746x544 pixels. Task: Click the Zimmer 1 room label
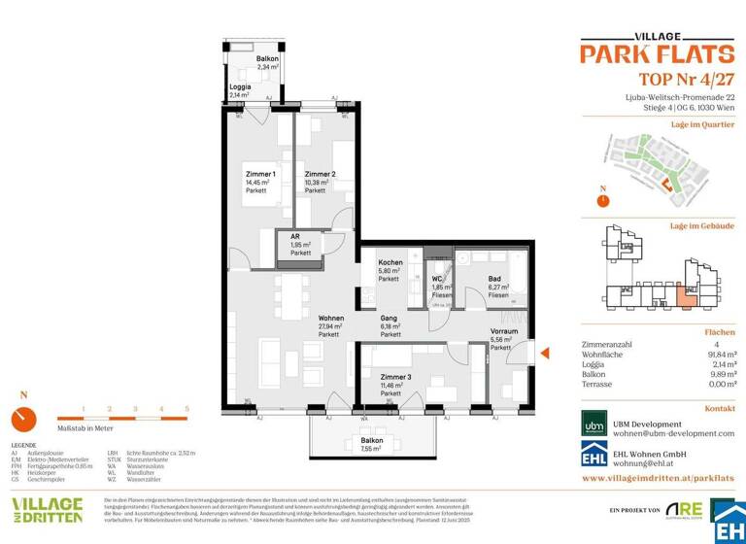coord(260,174)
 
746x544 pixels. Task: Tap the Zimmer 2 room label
coord(320,174)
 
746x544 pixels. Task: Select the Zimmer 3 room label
coord(395,377)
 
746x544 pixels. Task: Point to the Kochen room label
coord(390,263)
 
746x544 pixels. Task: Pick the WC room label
coord(438,280)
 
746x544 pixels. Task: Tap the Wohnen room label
coord(331,318)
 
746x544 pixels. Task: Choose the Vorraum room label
coord(503,331)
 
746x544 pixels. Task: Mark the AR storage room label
coord(293,237)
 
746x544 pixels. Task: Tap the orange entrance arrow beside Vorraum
coord(545,355)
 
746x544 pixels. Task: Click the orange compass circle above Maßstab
coord(23,419)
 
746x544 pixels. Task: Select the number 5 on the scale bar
coord(186,410)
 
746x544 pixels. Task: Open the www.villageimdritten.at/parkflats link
coord(658,479)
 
